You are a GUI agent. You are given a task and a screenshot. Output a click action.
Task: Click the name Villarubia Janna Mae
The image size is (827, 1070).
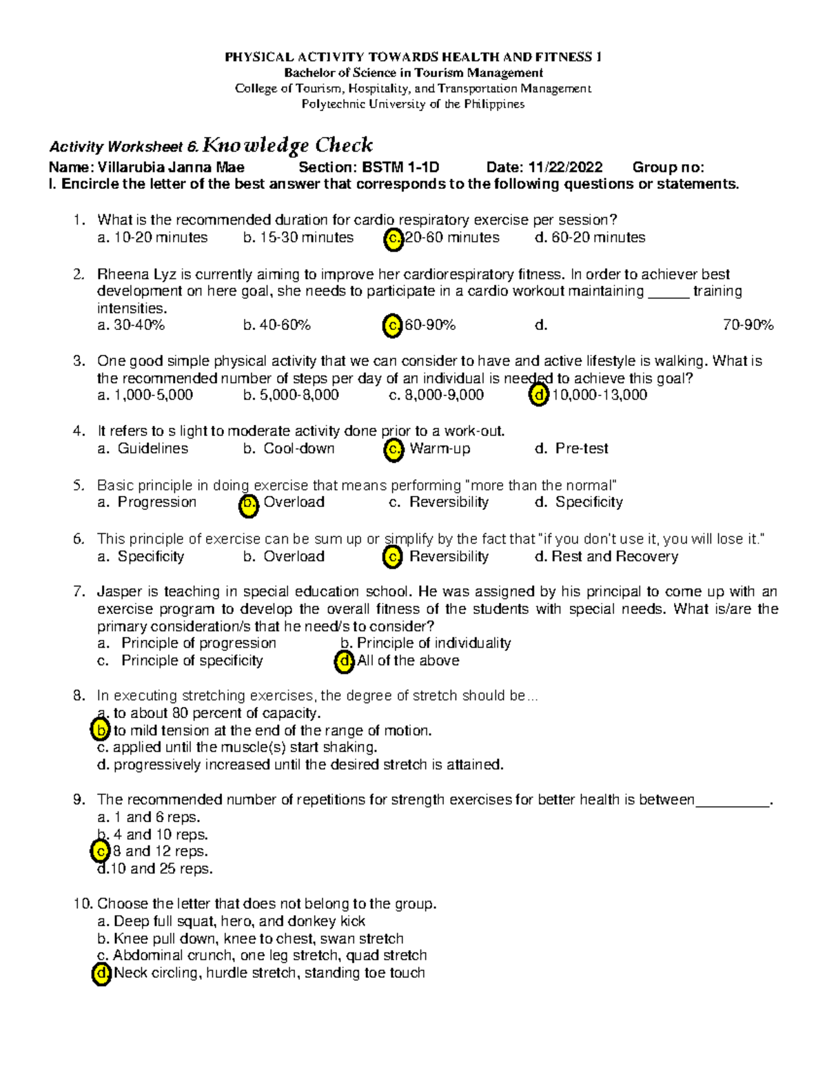tap(171, 167)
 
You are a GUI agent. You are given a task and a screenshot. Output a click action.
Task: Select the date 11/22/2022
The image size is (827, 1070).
tap(565, 167)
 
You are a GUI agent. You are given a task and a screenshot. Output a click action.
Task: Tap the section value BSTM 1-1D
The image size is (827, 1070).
tap(400, 167)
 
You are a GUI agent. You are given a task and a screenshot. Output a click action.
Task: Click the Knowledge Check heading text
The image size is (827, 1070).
tap(288, 145)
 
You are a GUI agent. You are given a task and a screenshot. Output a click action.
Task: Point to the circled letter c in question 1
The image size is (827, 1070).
tap(393, 238)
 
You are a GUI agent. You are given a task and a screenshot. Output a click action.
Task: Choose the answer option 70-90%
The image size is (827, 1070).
tap(748, 325)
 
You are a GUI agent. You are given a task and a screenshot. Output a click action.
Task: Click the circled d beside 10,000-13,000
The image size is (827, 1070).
tap(538, 395)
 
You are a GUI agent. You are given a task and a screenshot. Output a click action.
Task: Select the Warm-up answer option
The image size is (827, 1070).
tap(440, 449)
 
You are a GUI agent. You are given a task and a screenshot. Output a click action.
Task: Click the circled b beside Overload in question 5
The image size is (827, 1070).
tap(248, 504)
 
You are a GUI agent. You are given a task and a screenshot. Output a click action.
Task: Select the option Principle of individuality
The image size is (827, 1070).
tap(433, 644)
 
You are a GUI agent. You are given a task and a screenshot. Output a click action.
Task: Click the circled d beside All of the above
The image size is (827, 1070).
tap(344, 661)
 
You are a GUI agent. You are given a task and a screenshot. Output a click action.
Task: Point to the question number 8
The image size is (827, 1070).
tap(79, 696)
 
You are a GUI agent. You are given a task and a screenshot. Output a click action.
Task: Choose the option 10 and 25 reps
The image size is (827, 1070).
tap(161, 869)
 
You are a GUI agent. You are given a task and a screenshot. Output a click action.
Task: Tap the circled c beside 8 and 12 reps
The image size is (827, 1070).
tap(101, 852)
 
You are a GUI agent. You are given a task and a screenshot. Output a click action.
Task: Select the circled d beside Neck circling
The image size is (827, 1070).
tap(102, 974)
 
